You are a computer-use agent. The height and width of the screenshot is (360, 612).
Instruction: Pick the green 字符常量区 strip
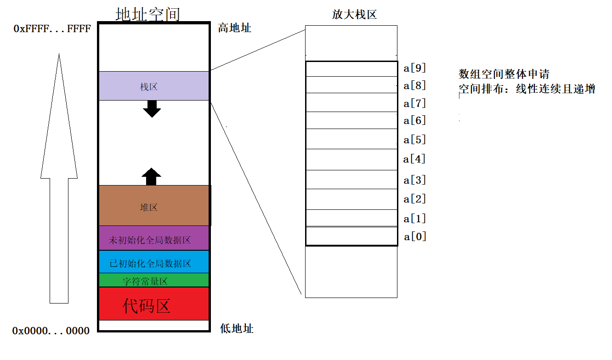pos(153,280)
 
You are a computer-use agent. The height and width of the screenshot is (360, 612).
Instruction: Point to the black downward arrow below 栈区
pos(152,108)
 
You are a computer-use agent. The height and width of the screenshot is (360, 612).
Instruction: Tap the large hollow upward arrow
pos(59,179)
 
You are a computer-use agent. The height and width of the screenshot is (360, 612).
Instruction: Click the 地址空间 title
pos(147,14)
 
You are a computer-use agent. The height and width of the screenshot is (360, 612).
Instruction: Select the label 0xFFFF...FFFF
pos(52,29)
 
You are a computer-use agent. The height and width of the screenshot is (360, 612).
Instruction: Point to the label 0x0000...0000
pos(51,331)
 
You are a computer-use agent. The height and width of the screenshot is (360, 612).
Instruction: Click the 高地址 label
pos(235,28)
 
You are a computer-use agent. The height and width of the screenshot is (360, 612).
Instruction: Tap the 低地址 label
pos(237,329)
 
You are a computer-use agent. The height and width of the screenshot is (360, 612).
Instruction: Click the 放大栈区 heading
pos(354,14)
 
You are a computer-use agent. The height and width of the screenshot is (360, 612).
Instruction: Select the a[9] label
pos(415,68)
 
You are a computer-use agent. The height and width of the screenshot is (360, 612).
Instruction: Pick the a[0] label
pos(415,236)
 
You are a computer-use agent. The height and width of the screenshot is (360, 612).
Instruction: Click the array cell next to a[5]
pos(351,139)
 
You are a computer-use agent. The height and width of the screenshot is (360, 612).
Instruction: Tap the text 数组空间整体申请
pos(504,74)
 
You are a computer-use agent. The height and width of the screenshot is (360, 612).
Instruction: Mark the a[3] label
pos(415,180)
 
